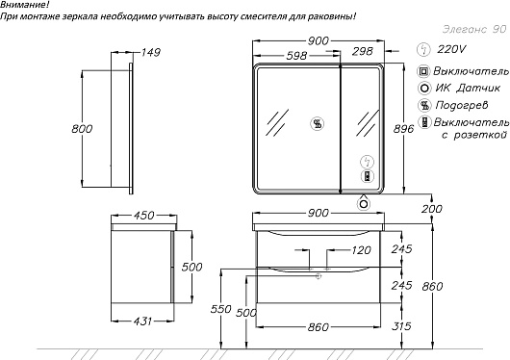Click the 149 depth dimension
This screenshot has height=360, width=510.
point(150,52)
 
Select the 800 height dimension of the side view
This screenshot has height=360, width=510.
point(82,129)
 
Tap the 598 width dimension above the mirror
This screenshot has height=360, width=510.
point(296,56)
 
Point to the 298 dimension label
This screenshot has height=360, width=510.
point(363,51)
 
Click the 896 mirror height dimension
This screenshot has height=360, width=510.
point(403,129)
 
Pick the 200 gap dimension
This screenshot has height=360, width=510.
point(432,209)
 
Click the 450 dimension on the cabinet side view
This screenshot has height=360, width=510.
point(143,216)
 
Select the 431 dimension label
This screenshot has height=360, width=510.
point(142,321)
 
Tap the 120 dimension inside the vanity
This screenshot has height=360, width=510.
point(361,250)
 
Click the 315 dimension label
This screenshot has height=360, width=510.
point(401,325)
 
